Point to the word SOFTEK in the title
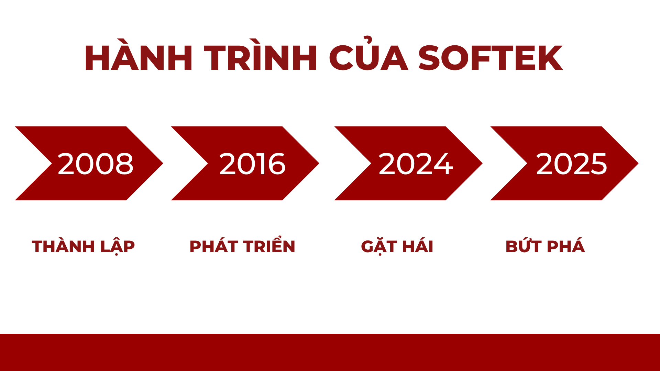[490, 58]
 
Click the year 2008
[96, 164]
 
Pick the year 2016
[252, 164]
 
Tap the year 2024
[415, 164]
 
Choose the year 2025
[571, 164]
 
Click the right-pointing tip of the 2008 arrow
[163, 164]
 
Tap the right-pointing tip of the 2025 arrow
[638, 164]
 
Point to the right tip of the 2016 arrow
[319, 164]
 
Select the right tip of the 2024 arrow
[483, 164]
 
